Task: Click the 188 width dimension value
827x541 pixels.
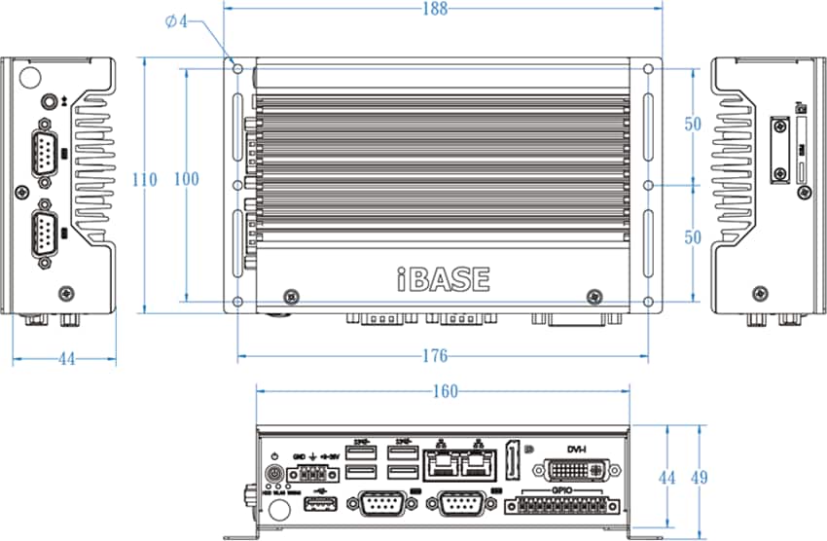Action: click(435, 10)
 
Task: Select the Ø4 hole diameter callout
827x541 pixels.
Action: click(176, 20)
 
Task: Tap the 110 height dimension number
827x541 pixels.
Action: click(145, 180)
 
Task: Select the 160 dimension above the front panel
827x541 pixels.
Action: click(444, 391)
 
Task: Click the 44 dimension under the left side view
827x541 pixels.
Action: click(66, 359)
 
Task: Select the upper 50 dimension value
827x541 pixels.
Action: click(693, 124)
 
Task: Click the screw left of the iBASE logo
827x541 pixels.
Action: click(290, 296)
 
